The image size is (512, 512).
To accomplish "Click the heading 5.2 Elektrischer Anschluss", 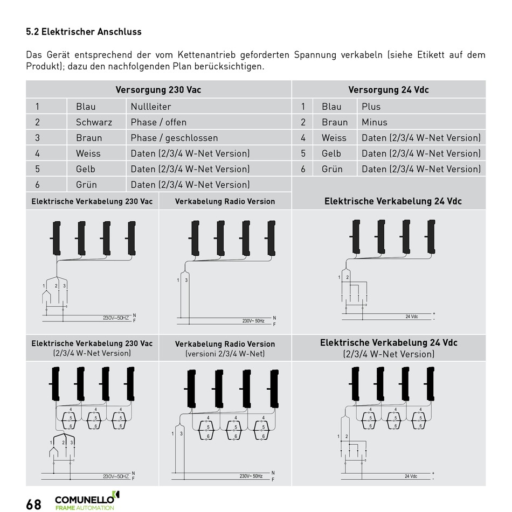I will (84, 32).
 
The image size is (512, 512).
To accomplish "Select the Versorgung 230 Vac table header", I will (158, 90).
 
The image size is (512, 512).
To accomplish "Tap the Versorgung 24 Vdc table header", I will (388, 90).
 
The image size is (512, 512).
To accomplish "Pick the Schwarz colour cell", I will (94, 122).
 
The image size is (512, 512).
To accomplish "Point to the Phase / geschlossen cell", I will (174, 138).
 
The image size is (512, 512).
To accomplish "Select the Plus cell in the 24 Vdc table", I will (371, 107).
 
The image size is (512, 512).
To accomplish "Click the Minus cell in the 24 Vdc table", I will (374, 122).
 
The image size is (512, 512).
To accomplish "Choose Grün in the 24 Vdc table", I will (332, 169).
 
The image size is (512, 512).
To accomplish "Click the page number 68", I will (33, 504).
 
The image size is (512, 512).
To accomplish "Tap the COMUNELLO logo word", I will (84, 499).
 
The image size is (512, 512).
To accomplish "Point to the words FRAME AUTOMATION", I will (85, 508).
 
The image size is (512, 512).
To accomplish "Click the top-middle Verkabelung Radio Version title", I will (225, 202).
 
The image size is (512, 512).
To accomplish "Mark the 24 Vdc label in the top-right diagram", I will (411, 317).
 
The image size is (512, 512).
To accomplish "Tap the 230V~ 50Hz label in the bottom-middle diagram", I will (251, 476).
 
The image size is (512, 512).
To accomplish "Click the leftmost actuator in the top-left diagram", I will (56, 238).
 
